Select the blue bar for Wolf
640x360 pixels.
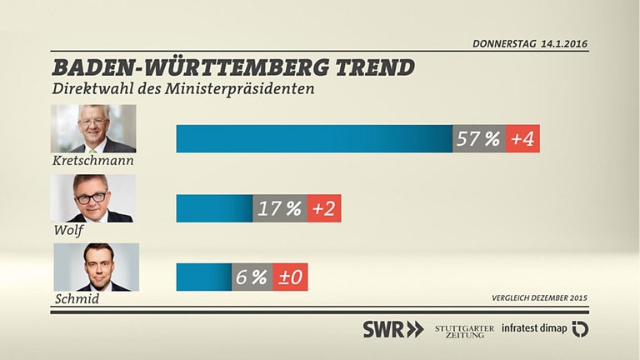(214, 208)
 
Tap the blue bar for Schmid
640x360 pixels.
(203, 277)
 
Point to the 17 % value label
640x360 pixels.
(279, 208)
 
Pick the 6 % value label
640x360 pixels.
(252, 277)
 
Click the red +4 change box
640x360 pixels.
(522, 139)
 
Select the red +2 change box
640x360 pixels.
(323, 208)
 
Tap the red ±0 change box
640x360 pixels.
(291, 277)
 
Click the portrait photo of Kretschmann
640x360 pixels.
(93, 127)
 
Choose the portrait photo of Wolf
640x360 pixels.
(93, 197)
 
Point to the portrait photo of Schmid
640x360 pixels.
(96, 267)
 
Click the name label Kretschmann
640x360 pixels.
(92, 159)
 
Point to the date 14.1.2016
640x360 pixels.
(564, 42)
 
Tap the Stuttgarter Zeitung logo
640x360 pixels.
(464, 329)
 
